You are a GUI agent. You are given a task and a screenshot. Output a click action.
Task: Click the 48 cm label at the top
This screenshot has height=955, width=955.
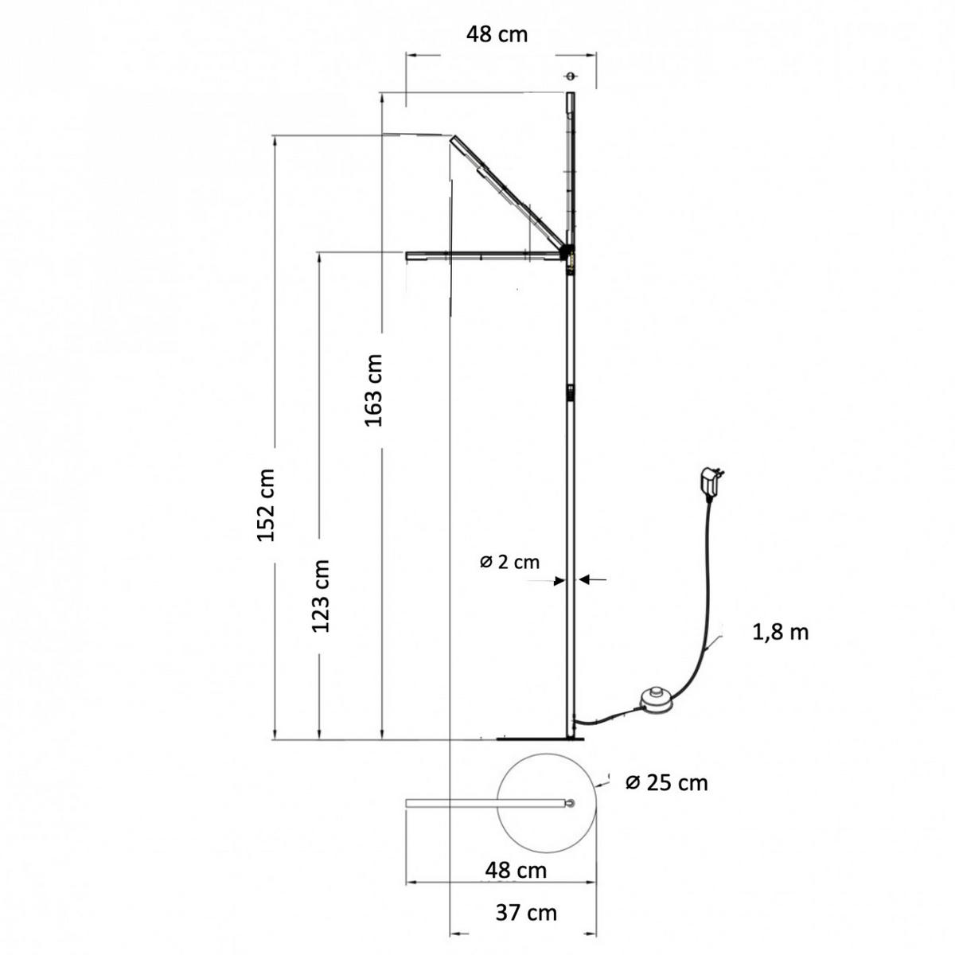(x=497, y=35)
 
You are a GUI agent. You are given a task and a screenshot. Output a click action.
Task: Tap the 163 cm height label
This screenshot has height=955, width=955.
(x=374, y=390)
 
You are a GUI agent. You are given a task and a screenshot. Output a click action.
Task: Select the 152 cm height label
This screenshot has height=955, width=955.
(x=266, y=505)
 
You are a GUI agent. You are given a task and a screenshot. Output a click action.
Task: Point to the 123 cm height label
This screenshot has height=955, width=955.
(x=320, y=596)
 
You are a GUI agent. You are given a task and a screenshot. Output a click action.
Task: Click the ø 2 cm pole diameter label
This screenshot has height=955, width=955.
(x=509, y=562)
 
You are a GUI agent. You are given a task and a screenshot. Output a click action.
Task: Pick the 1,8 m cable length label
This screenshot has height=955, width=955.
(x=781, y=633)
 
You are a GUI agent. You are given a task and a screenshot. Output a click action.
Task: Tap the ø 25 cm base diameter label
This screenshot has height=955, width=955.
(x=667, y=783)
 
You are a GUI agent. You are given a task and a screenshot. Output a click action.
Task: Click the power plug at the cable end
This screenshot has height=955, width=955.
(x=711, y=482)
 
